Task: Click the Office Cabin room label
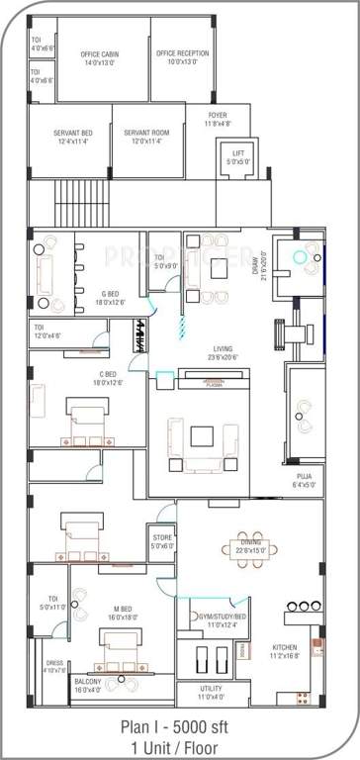[103, 57]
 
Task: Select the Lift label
[237, 154]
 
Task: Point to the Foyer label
[218, 120]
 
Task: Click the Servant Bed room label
[75, 137]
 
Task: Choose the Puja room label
[304, 480]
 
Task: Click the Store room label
[162, 539]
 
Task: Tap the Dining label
[249, 543]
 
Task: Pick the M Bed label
[123, 617]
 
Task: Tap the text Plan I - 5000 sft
[179, 725]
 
